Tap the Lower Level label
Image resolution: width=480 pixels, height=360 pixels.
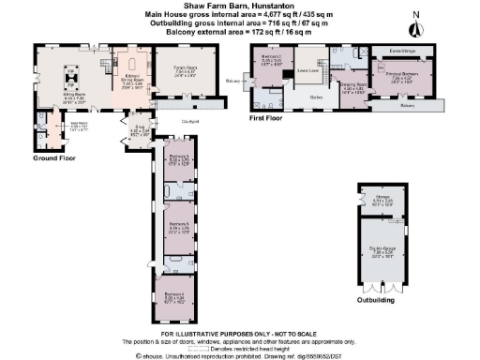(305, 70)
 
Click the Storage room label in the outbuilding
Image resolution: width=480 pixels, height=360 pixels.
(374, 198)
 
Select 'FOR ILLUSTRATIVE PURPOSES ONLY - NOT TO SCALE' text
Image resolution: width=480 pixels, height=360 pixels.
(239, 335)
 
